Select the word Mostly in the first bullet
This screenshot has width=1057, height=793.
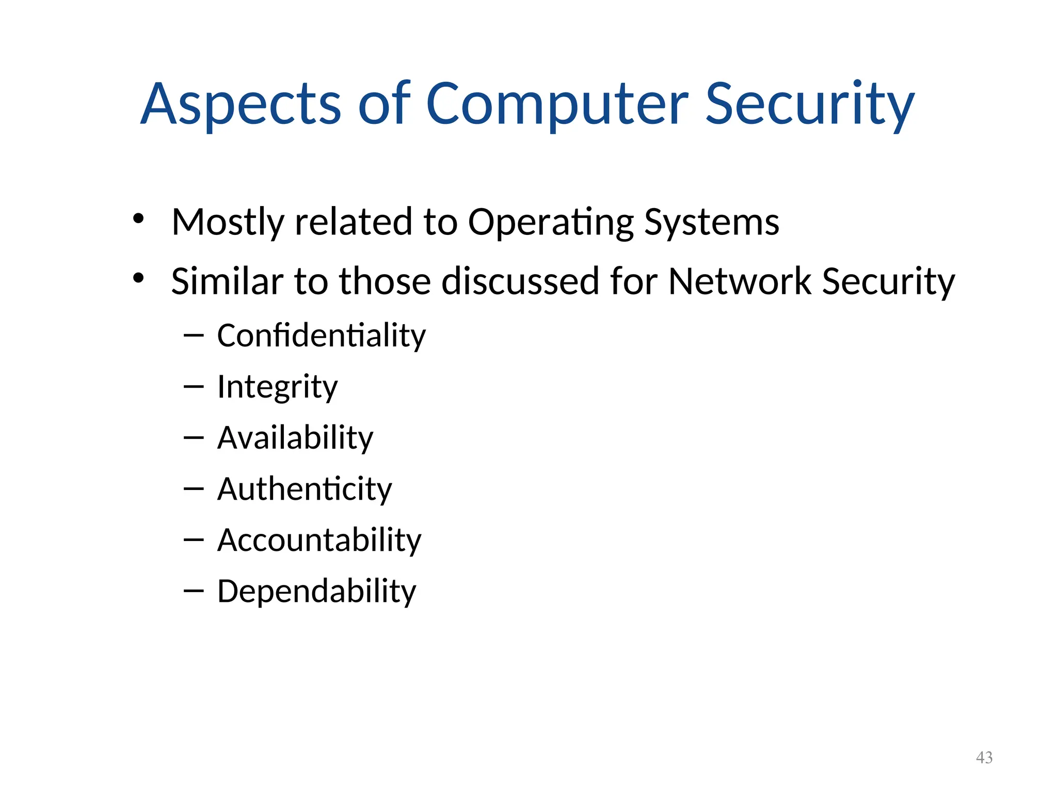(228, 223)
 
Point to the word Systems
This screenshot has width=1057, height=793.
(712, 223)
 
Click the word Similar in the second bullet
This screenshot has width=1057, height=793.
(227, 281)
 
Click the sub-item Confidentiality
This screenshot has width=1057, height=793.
(321, 336)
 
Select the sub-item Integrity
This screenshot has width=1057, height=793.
(277, 387)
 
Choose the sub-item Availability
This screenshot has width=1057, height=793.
(295, 438)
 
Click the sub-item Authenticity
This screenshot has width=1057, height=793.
(305, 489)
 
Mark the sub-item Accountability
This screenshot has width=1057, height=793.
(319, 540)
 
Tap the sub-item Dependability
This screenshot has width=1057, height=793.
(316, 591)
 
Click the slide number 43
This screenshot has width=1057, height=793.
(984, 757)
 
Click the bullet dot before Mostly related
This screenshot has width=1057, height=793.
(138, 218)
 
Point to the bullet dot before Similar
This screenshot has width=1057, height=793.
(138, 278)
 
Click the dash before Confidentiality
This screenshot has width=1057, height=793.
(194, 336)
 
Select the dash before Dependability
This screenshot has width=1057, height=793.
(194, 591)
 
